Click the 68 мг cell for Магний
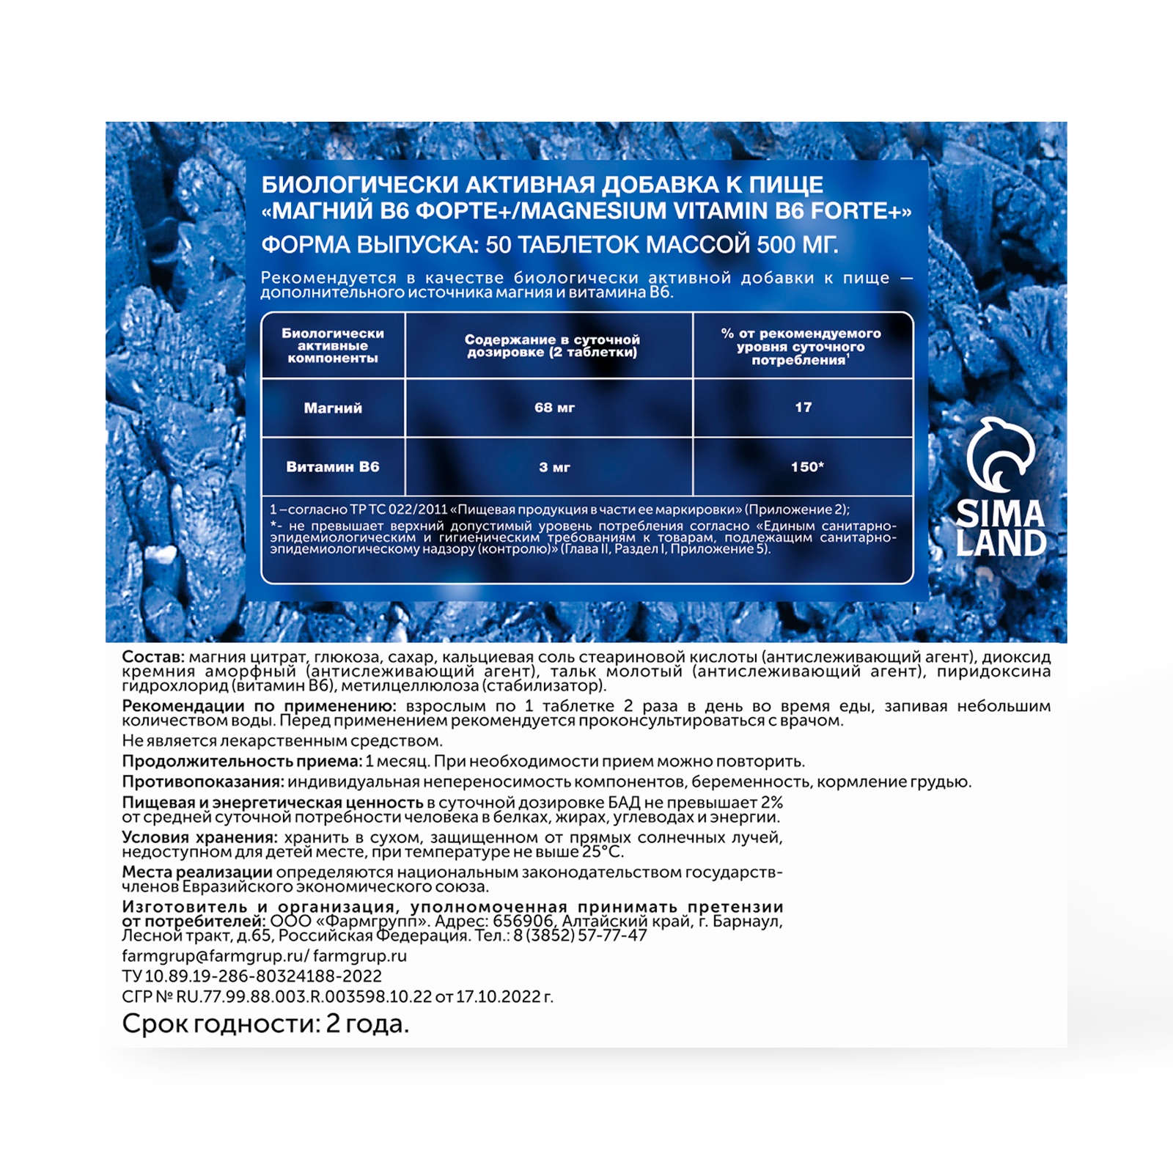pyautogui.click(x=554, y=408)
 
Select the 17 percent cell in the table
pyautogui.click(x=803, y=408)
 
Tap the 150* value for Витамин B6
pyautogui.click(x=806, y=467)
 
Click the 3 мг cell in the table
pyautogui.click(x=554, y=467)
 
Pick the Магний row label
pyautogui.click(x=333, y=408)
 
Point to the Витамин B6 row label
pyautogui.click(x=333, y=467)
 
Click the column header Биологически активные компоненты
pyautogui.click(x=333, y=345)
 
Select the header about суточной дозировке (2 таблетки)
pyautogui.click(x=552, y=345)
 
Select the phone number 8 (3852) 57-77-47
pyautogui.click(x=580, y=935)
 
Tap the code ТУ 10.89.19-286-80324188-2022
pyautogui.click(x=251, y=977)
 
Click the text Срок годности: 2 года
pyautogui.click(x=265, y=1023)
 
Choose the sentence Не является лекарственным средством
pyautogui.click(x=282, y=741)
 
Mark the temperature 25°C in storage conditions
pyautogui.click(x=602, y=852)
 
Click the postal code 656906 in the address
pyautogui.click(x=523, y=922)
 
